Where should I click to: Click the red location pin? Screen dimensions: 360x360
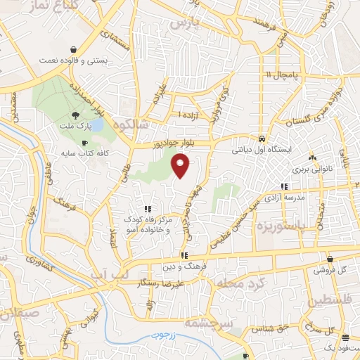coord(181,165)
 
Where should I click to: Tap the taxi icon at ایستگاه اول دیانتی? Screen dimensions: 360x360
coord(262,139)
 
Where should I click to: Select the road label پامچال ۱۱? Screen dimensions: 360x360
coord(283,75)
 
